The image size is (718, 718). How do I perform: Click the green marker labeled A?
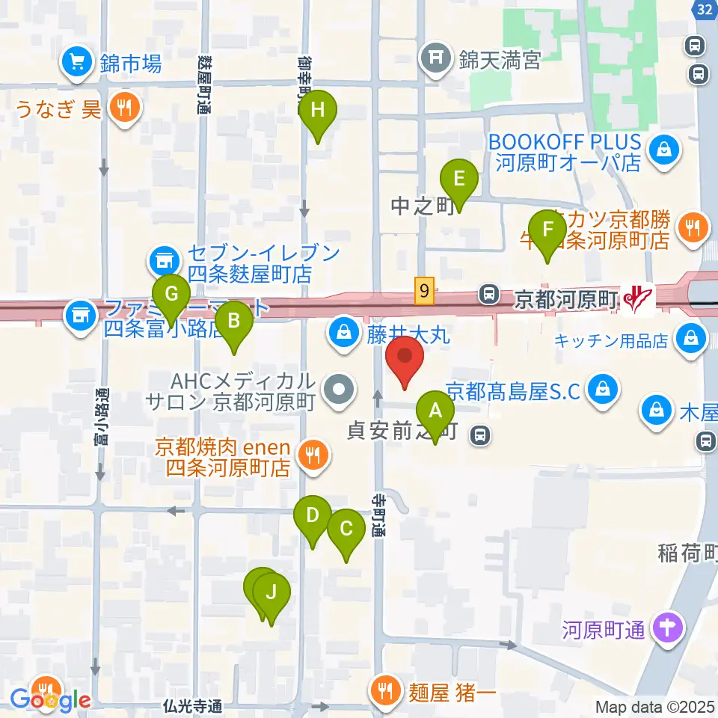435,411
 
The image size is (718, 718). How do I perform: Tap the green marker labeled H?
318,111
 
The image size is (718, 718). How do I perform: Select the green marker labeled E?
459,179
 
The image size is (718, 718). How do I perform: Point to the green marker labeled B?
234,322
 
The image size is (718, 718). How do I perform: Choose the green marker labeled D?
313,515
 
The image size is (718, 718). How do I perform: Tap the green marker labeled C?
346,529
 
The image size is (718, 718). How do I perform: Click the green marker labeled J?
271,593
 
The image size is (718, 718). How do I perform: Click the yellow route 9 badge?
425,290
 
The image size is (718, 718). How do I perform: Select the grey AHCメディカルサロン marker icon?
340,390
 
